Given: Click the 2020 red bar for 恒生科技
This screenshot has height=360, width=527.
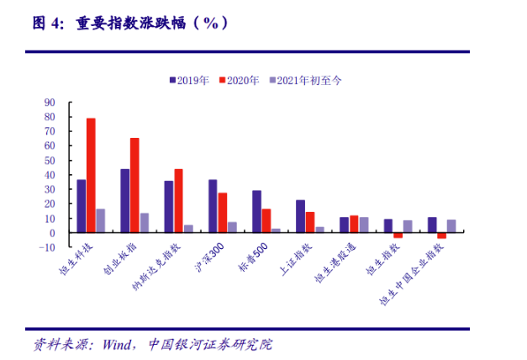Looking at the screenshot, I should point(91,175).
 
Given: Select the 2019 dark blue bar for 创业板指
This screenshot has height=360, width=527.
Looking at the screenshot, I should point(125,200).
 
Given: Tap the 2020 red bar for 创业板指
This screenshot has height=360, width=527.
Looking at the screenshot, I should point(134,185).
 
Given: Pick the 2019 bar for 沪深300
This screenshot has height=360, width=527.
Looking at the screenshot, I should point(213,206).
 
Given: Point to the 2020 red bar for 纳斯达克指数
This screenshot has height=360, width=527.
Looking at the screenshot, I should point(178,200).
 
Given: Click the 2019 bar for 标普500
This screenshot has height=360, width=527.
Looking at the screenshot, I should point(256,211).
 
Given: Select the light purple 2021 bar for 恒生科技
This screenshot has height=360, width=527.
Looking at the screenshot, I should point(101,220).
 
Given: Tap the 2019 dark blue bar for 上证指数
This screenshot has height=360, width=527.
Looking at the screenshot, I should point(300,216).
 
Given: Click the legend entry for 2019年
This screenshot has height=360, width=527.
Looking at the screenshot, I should point(190,80).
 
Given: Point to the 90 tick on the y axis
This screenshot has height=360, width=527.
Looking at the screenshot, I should point(50,103).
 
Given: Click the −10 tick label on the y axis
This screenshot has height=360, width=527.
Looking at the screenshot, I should point(47,247).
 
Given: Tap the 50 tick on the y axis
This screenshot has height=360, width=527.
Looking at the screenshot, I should point(50,160).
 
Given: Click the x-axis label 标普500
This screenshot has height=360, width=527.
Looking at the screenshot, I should point(252,257).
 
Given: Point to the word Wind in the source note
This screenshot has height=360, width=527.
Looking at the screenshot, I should point(119,345).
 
